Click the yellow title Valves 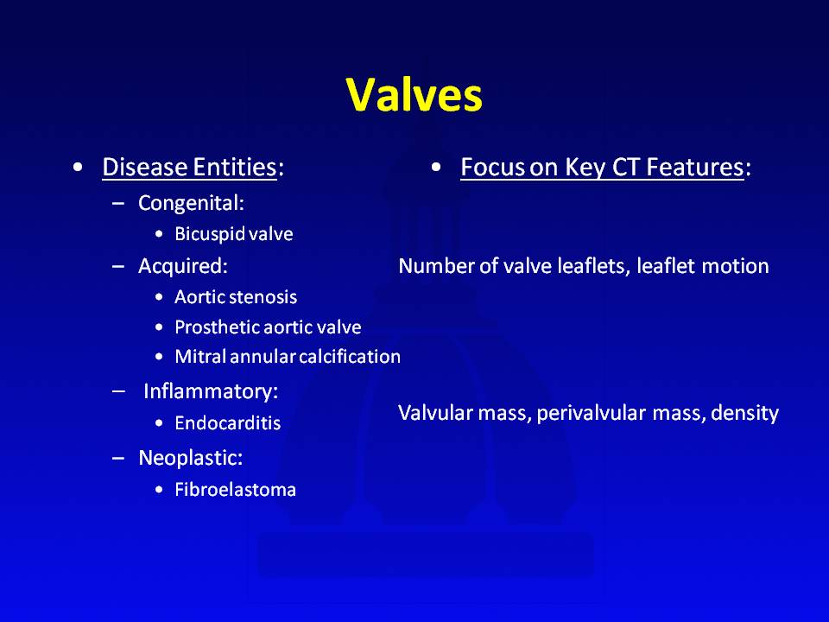tap(414, 95)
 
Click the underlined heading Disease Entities tap(189, 167)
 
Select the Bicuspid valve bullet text tap(234, 234)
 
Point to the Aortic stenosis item tap(236, 296)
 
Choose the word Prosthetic tap(216, 327)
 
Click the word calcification tap(350, 357)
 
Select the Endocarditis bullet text tap(228, 423)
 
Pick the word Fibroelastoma tap(235, 489)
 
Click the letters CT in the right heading tap(625, 167)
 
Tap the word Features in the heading tap(694, 167)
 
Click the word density tap(744, 413)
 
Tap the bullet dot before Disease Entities tap(79, 168)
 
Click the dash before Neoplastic tap(118, 458)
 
